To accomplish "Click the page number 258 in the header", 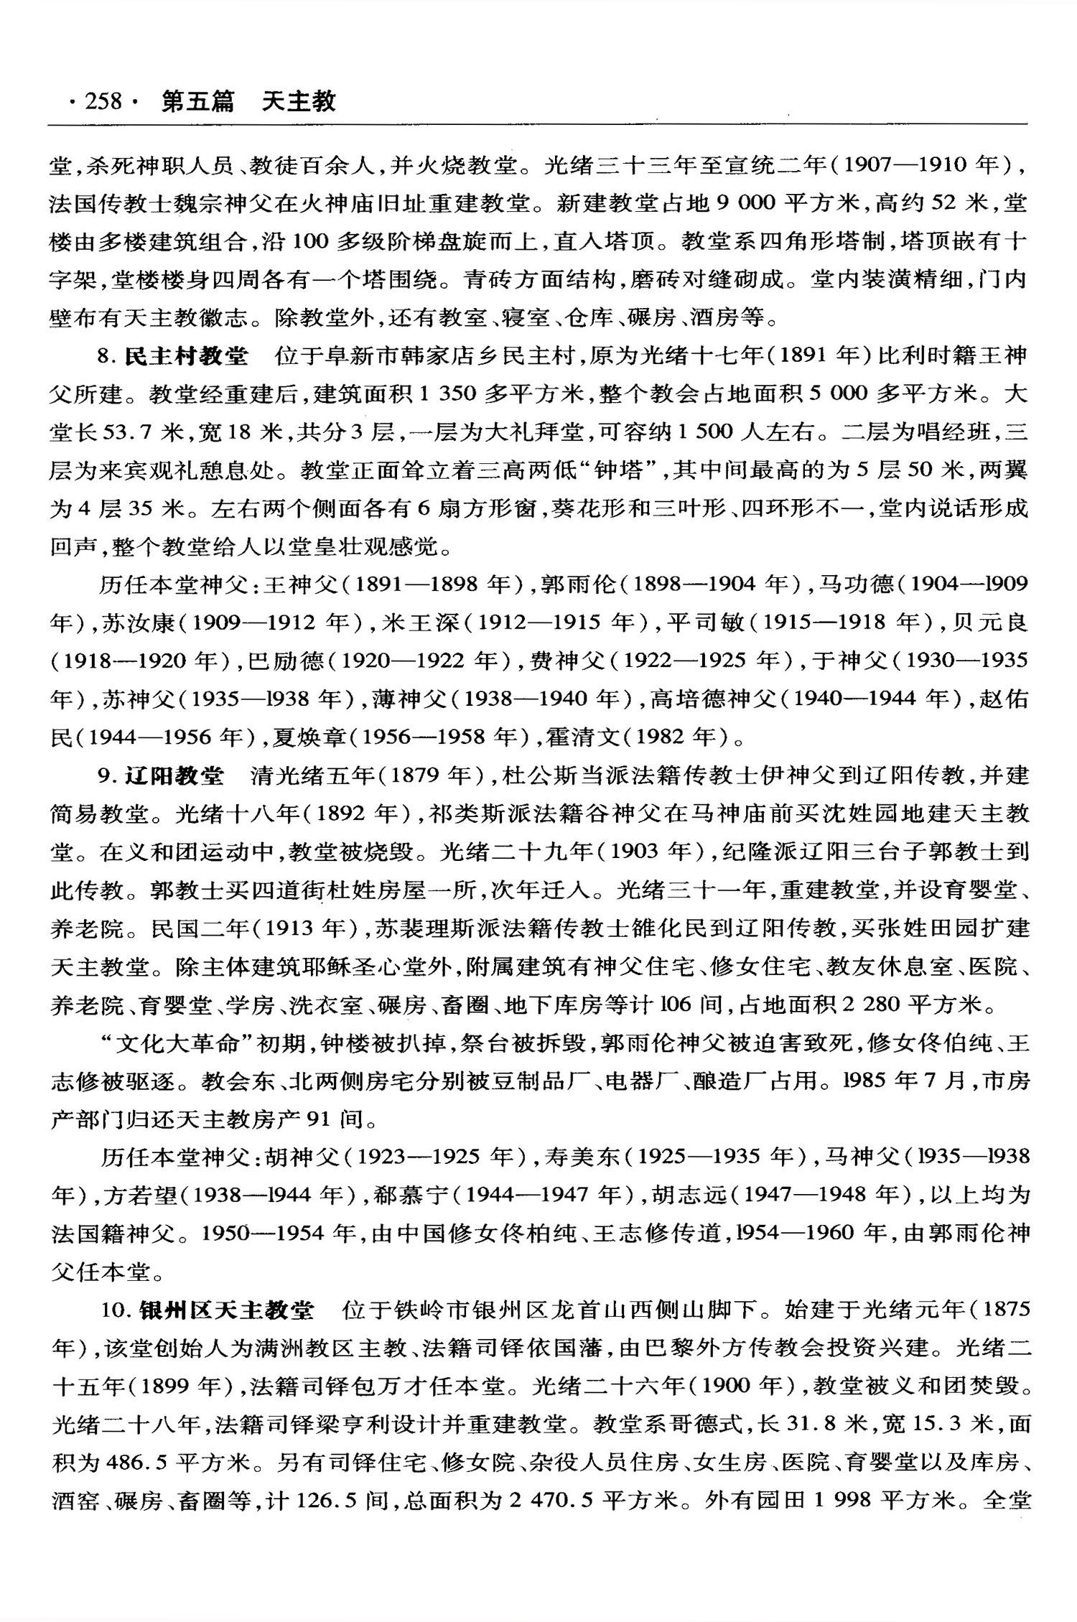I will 103,102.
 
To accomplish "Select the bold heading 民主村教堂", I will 186,355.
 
